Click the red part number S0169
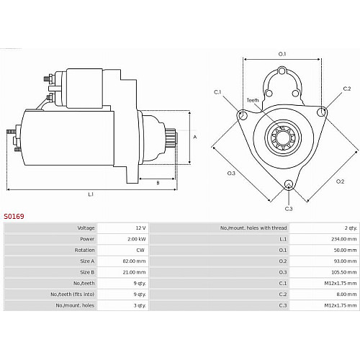coord(14,216)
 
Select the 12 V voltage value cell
coord(140,228)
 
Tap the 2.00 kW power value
coord(137,239)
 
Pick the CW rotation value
coord(140,250)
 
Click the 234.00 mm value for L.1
coord(343,239)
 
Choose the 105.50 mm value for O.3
coord(343,272)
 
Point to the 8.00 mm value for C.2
coord(346,294)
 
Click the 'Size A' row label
coord(87,261)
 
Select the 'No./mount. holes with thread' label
coord(253,228)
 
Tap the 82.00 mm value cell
coord(134,261)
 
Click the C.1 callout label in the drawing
coord(217,92)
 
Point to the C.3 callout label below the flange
coord(289,209)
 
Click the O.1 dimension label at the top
coord(282,54)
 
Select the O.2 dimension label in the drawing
coord(340,181)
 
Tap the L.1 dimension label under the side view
coord(91,194)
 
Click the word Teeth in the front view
coord(253,100)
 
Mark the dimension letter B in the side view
coord(158,183)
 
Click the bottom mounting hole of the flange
coord(289,184)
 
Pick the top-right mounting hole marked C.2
coord(321,112)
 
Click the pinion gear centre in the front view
coord(283,138)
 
